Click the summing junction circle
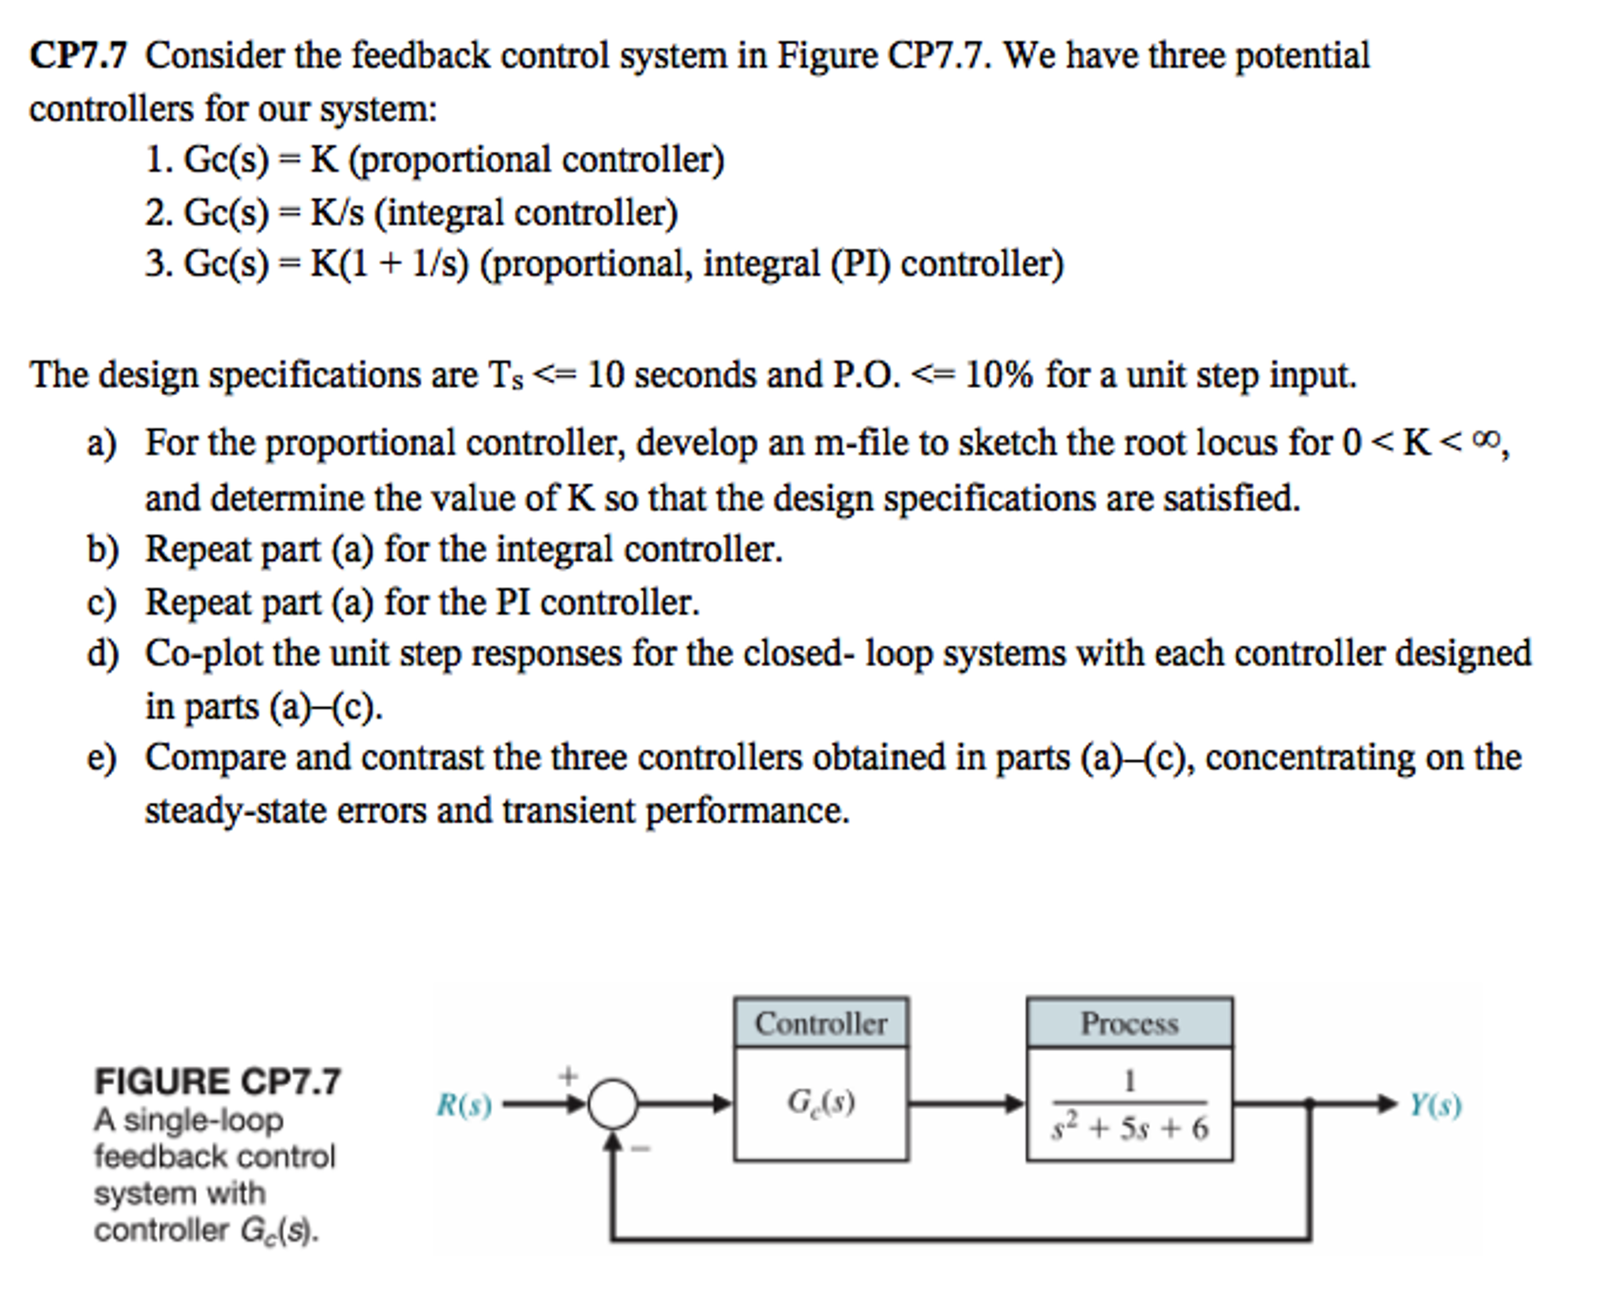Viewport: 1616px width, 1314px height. click(x=612, y=1103)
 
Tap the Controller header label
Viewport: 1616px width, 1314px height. click(x=821, y=1023)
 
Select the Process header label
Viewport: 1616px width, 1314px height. click(x=1129, y=1023)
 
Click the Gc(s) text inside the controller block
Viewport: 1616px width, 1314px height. click(x=821, y=1101)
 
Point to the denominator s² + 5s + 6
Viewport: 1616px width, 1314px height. click(x=1129, y=1128)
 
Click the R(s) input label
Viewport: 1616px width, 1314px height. click(x=464, y=1105)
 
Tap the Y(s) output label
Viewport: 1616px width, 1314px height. click(x=1435, y=1105)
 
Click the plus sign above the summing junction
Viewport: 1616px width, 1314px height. click(x=568, y=1075)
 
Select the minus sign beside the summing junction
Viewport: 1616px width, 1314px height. click(x=640, y=1149)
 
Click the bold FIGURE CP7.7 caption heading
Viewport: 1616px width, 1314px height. click(x=217, y=1081)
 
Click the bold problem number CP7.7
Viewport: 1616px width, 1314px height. click(x=78, y=56)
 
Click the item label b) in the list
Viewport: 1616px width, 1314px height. click(x=102, y=549)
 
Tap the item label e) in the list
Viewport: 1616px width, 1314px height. click(x=102, y=758)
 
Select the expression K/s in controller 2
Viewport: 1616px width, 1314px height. click(x=337, y=213)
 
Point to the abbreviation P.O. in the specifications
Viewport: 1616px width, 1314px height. click(x=866, y=375)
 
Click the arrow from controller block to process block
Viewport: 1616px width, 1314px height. click(x=967, y=1103)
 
